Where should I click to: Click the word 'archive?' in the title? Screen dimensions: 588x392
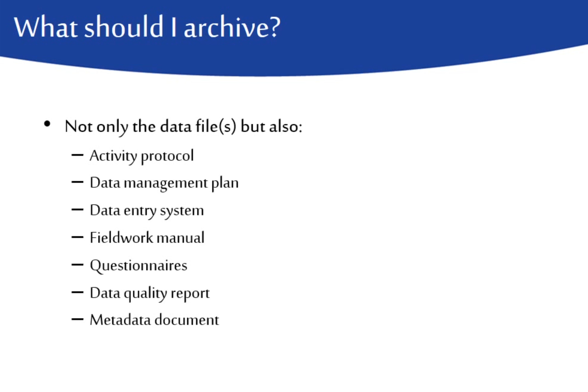pos(232,27)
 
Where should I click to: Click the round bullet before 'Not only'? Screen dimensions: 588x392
pos(47,124)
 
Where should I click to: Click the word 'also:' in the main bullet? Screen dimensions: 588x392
pos(286,126)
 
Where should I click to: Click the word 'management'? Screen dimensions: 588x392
pos(166,183)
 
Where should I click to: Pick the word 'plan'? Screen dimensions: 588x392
pos(225,183)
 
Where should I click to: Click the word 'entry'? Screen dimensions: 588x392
pos(140,211)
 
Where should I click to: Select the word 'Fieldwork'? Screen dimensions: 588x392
pos(121,238)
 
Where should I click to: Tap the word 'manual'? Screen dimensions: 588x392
pos(181,238)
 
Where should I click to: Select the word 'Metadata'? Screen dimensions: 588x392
pos(120,320)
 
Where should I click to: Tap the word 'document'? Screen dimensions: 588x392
pos(187,320)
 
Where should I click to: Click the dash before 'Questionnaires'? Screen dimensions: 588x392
pos(78,265)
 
